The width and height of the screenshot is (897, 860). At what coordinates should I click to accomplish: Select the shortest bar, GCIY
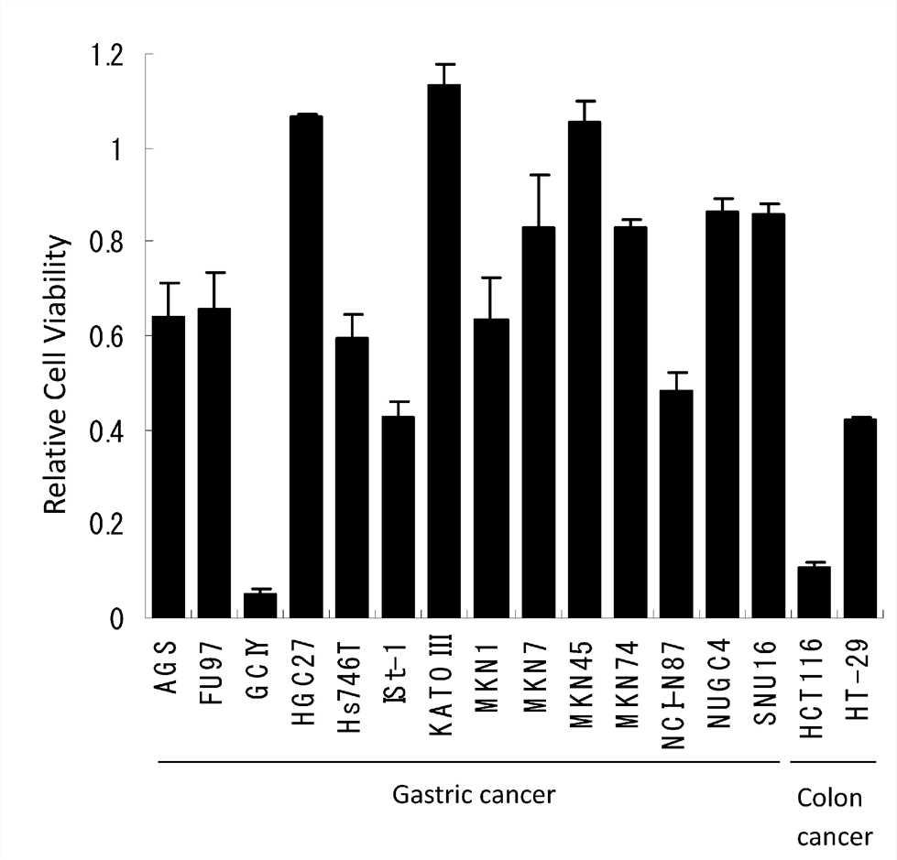(259, 605)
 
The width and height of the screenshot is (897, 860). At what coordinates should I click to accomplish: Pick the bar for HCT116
(814, 592)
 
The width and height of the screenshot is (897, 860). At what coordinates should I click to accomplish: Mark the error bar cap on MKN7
(536, 175)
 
